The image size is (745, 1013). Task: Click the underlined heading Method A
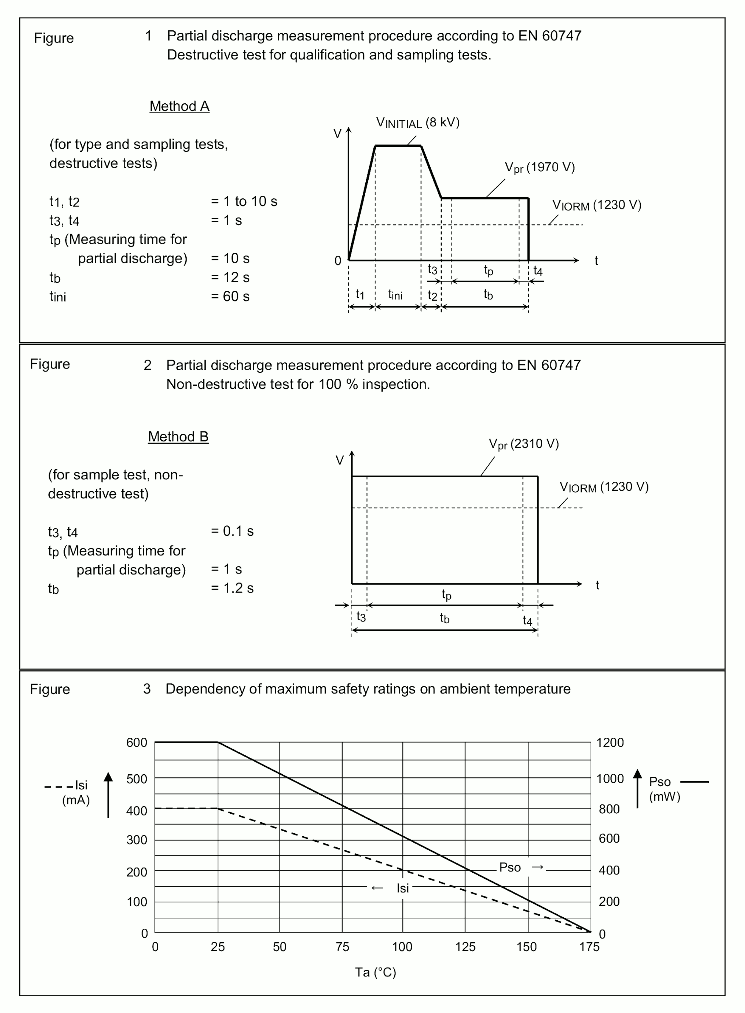(x=179, y=106)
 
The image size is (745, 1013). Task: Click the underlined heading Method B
(x=178, y=436)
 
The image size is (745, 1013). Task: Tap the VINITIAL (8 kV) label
(x=417, y=123)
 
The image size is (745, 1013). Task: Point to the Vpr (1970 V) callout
(x=539, y=168)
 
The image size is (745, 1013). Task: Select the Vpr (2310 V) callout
(x=524, y=444)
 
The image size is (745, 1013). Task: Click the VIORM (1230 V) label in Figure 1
(x=597, y=205)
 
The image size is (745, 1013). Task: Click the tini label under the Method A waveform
(x=395, y=295)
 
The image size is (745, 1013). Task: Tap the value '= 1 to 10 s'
(x=244, y=201)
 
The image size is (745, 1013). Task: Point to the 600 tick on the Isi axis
(x=137, y=742)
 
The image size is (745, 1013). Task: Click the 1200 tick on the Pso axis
(x=610, y=742)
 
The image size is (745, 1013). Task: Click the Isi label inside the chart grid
(x=402, y=888)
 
